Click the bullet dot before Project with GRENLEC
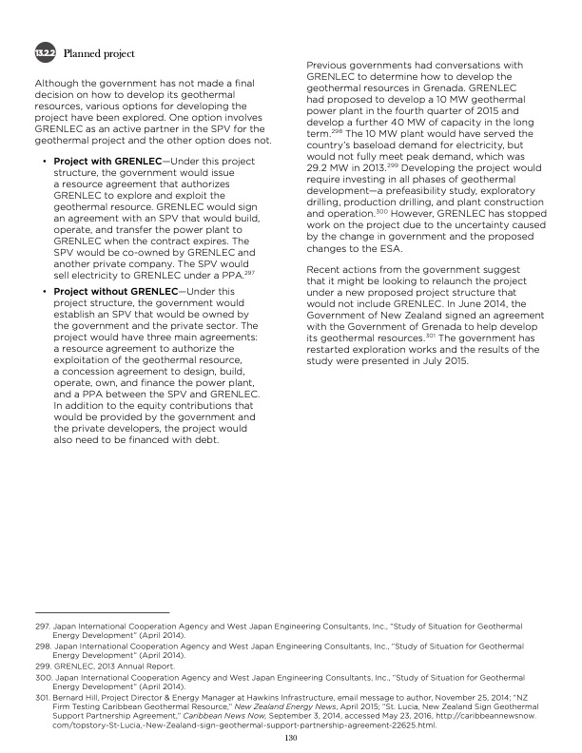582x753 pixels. click(45, 162)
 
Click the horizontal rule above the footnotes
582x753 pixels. click(100, 612)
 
